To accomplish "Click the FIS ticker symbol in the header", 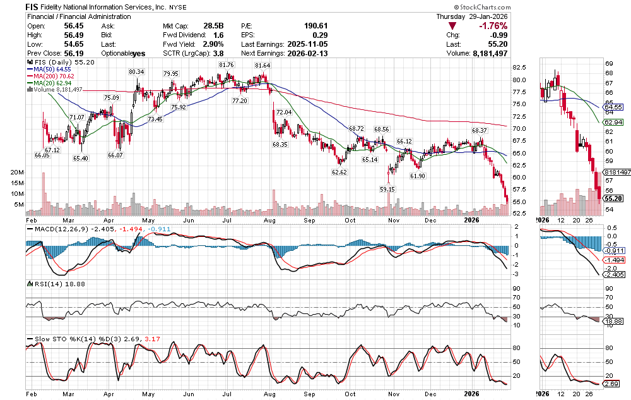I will click(x=33, y=6).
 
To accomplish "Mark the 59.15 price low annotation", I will click(x=387, y=188).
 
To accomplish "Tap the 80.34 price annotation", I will click(x=136, y=72).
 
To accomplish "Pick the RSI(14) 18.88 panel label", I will click(x=50, y=285).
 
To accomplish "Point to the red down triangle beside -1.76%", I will click(x=452, y=26).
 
